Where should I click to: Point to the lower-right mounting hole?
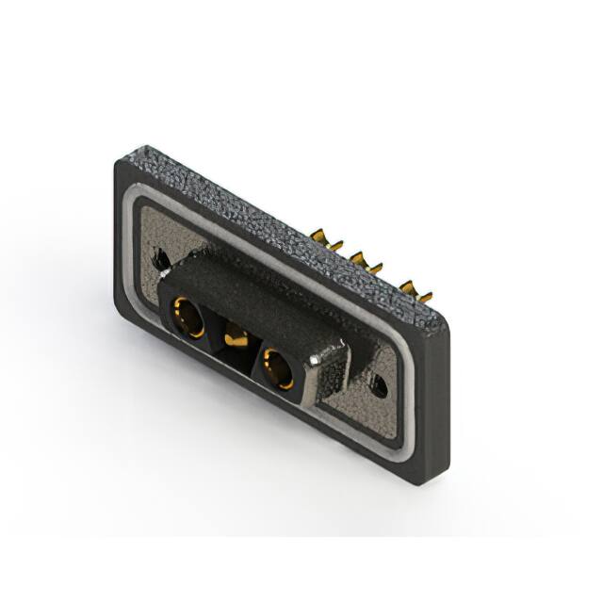point(381,383)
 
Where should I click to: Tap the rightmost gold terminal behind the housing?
point(409,287)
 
